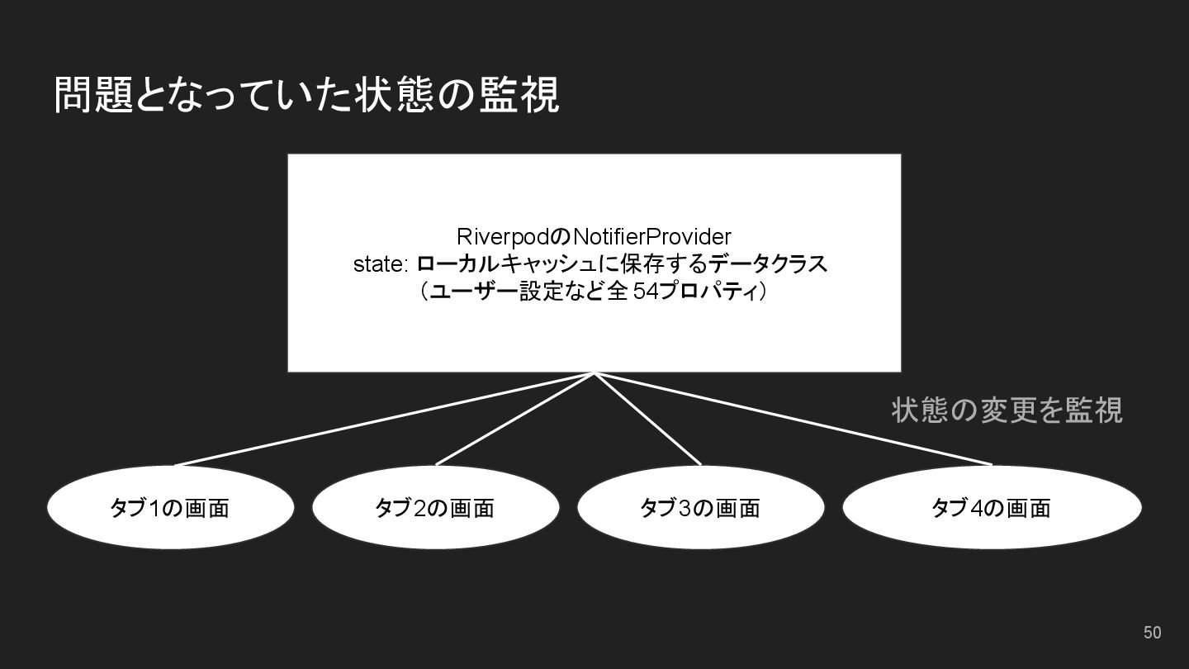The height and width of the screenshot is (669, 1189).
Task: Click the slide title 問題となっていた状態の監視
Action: pyautogui.click(x=306, y=95)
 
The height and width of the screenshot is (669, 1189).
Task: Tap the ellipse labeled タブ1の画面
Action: pyautogui.click(x=170, y=507)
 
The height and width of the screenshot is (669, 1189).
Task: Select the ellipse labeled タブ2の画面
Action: pyautogui.click(x=435, y=507)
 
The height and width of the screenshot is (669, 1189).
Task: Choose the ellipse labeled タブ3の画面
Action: pyautogui.click(x=700, y=507)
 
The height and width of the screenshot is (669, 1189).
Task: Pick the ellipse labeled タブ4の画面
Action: pyautogui.click(x=991, y=507)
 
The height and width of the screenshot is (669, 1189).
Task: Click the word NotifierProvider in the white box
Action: pyautogui.click(x=651, y=237)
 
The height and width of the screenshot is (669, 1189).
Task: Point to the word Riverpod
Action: pyautogui.click(x=502, y=237)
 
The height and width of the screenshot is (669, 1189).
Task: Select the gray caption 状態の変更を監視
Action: pyautogui.click(x=1007, y=410)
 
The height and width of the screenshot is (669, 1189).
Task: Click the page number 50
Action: pyautogui.click(x=1152, y=633)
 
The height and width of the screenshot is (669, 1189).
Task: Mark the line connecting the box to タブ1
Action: pyautogui.click(x=384, y=420)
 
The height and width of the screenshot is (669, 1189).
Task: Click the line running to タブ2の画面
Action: pyautogui.click(x=515, y=419)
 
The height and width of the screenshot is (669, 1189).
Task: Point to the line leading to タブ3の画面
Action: pyautogui.click(x=647, y=419)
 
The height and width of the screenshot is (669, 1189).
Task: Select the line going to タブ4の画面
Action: pyautogui.click(x=793, y=419)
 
